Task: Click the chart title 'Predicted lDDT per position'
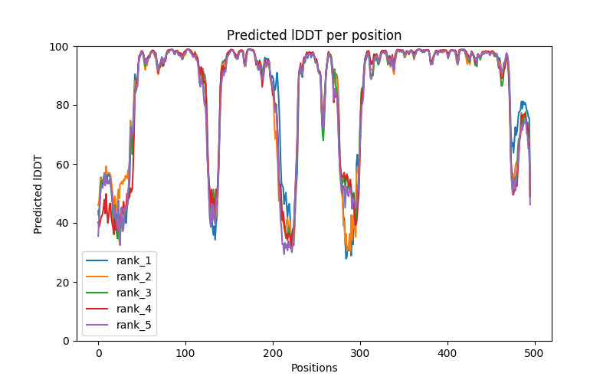314,35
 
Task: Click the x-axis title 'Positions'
314,368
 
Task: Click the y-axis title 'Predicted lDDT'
38,194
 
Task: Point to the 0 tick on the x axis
98,352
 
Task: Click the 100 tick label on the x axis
185,352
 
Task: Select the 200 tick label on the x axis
273,352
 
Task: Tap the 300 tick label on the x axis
360,352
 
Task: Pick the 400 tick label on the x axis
447,352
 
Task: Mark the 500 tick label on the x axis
535,352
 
